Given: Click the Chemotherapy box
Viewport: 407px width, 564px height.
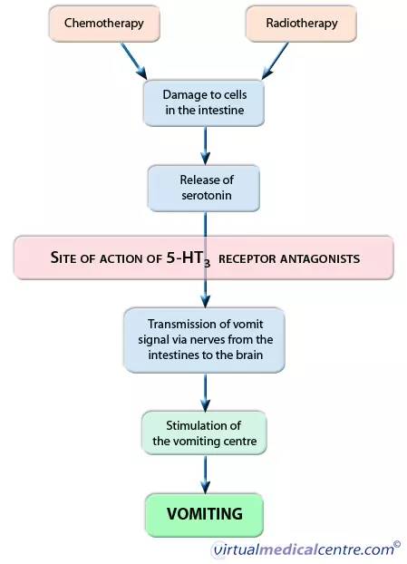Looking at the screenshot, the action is point(104,24).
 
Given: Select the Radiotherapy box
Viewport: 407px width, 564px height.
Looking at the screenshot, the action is point(301,24).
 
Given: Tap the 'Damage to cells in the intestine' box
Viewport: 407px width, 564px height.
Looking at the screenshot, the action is point(204,102).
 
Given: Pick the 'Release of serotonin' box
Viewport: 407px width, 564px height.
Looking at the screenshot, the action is point(204,188).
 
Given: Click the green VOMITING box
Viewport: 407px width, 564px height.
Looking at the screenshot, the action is point(204,515).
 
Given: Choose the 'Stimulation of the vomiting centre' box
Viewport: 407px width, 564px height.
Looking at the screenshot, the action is point(204,433).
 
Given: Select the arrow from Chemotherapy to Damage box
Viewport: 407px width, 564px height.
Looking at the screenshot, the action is point(134,61).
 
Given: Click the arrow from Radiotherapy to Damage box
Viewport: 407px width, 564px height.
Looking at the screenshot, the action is point(275,61).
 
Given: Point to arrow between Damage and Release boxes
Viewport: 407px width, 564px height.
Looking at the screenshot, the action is point(205,146).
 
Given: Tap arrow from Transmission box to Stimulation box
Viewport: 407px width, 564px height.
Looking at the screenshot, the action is point(205,392).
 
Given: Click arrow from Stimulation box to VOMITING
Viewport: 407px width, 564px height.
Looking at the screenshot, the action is point(205,474).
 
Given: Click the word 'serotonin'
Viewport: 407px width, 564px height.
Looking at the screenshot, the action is point(207,195).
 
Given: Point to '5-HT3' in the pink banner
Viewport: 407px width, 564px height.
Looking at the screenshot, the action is point(188,258).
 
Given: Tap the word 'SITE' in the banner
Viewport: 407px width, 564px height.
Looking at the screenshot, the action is point(64,258).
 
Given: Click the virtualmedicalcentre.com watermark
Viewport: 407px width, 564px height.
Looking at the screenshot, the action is point(304,549).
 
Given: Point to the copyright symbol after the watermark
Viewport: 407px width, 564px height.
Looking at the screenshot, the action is point(397,544).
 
